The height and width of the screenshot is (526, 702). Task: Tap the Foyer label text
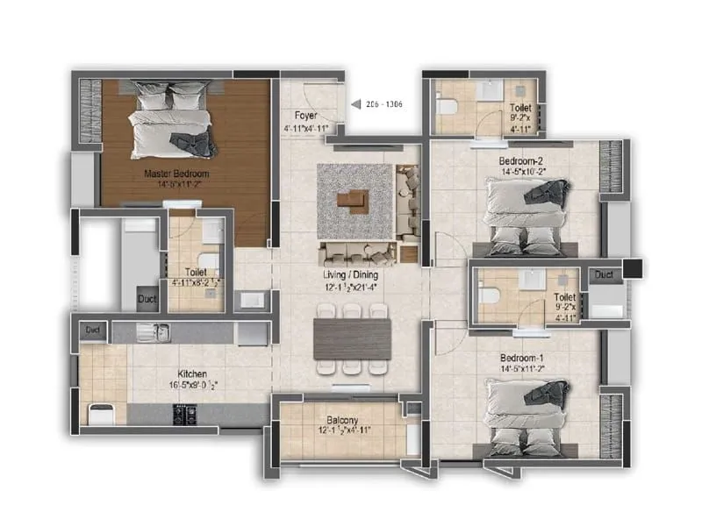click(x=306, y=115)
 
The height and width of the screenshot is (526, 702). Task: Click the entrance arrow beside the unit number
click(x=355, y=104)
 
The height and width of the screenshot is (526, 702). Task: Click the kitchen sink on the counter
click(x=160, y=332)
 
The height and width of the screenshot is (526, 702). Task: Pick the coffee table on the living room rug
click(x=355, y=201)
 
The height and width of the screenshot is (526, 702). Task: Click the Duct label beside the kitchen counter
click(x=91, y=331)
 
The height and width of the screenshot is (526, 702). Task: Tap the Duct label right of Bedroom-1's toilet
click(x=603, y=275)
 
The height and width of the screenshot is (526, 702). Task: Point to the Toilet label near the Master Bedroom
click(x=196, y=273)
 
